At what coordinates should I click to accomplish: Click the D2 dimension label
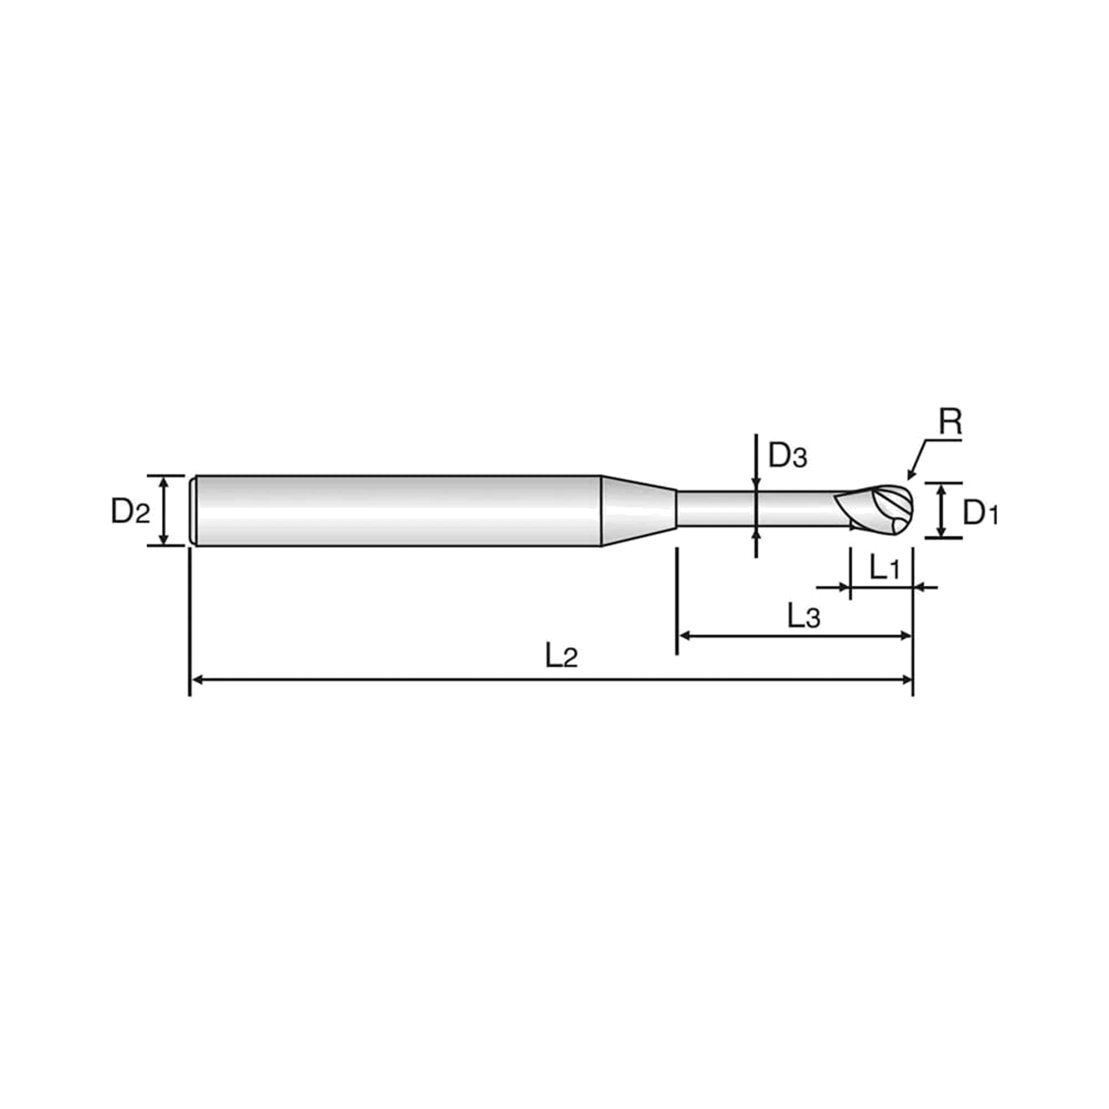[x=130, y=510]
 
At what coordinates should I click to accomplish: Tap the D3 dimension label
[x=788, y=456]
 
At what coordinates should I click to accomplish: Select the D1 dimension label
[x=980, y=512]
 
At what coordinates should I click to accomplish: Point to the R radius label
[x=950, y=422]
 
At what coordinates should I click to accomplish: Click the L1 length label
[x=884, y=568]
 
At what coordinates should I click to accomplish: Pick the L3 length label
[x=803, y=617]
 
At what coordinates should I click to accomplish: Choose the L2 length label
[x=561, y=655]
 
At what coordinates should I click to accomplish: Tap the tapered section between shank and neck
[x=639, y=510]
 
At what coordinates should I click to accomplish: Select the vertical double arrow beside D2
[x=164, y=510]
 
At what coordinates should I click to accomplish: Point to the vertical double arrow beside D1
[x=941, y=510]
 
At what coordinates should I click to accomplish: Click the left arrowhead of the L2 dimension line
[x=197, y=680]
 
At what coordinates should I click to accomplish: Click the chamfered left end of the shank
[x=194, y=510]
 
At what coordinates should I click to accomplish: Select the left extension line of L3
[x=678, y=601]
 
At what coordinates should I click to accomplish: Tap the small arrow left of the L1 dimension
[x=833, y=587]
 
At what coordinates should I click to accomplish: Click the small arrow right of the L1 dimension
[x=925, y=587]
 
